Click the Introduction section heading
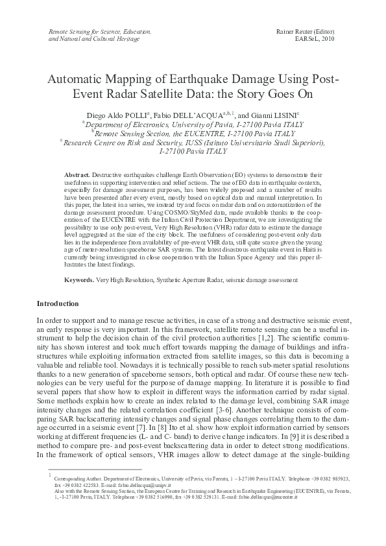(58, 303)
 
